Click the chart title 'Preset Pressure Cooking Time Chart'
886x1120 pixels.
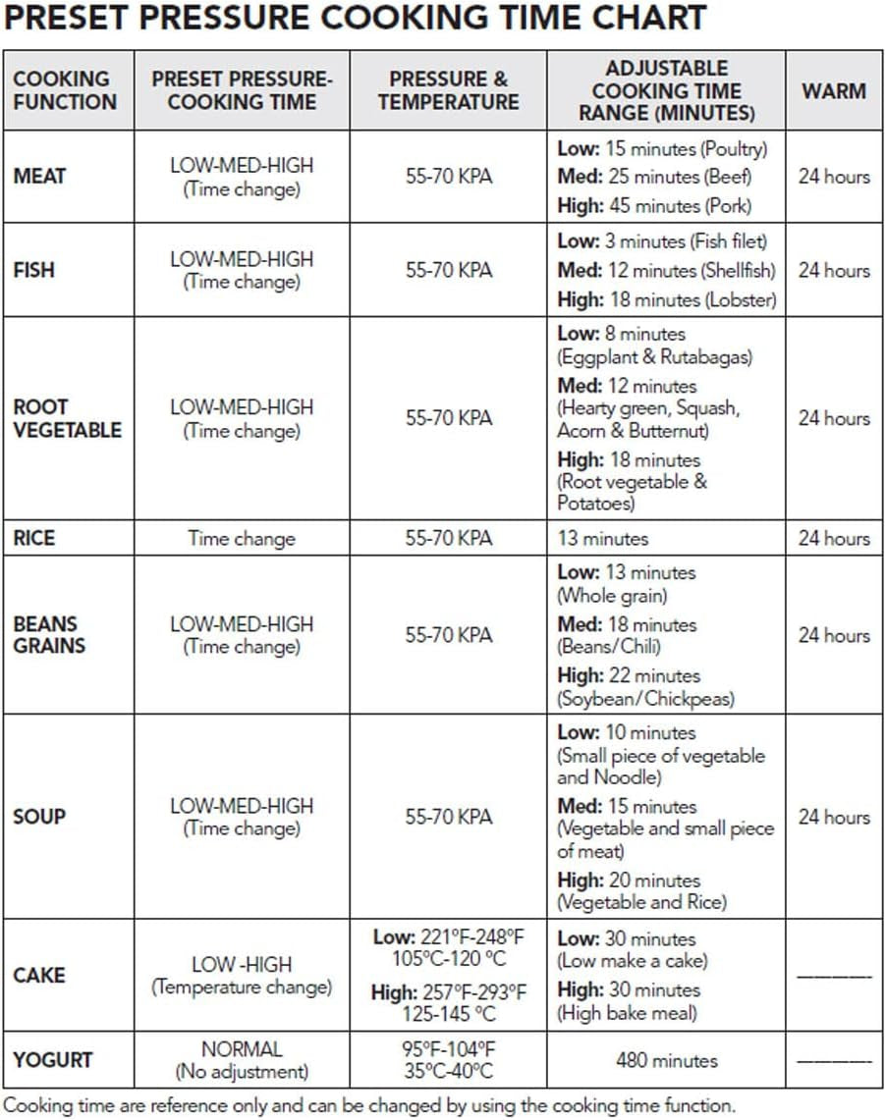click(x=356, y=18)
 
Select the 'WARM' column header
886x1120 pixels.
click(x=834, y=91)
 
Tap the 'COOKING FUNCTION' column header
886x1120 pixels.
click(x=65, y=90)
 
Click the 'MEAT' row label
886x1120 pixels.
click(x=39, y=177)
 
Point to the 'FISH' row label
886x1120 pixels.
click(x=34, y=270)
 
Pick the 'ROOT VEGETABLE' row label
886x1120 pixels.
click(x=67, y=418)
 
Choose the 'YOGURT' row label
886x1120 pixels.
click(x=53, y=1060)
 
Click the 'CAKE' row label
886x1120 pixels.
click(x=39, y=976)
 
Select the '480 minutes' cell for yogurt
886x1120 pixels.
click(x=667, y=1060)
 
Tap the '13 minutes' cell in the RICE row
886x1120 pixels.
click(x=603, y=538)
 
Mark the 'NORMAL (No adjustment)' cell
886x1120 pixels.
click(x=242, y=1060)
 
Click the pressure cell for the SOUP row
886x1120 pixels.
click(x=449, y=817)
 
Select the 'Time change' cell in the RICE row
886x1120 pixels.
click(x=242, y=538)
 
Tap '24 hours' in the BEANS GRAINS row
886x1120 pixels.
click(x=834, y=635)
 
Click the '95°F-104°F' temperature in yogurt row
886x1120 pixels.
click(x=448, y=1048)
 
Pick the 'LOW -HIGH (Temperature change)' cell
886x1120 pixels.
click(x=242, y=976)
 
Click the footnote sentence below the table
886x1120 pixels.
click(x=368, y=1104)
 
